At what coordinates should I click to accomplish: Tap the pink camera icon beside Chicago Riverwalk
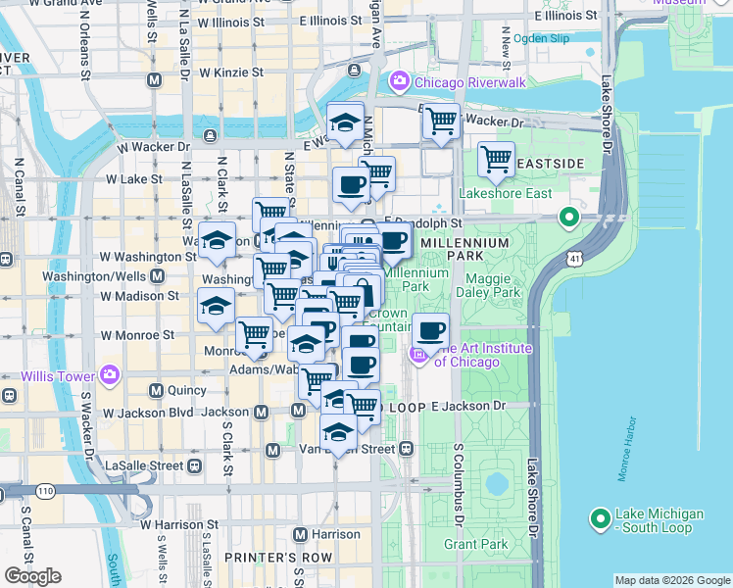[x=399, y=81]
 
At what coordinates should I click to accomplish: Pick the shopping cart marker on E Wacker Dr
[x=441, y=122]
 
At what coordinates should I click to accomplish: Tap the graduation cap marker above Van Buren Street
[x=338, y=431]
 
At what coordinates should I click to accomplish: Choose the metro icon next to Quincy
[x=156, y=391]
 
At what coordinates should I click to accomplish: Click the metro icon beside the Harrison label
[x=300, y=534]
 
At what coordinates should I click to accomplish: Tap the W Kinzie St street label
[x=231, y=73]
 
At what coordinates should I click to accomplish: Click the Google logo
[x=32, y=576]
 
